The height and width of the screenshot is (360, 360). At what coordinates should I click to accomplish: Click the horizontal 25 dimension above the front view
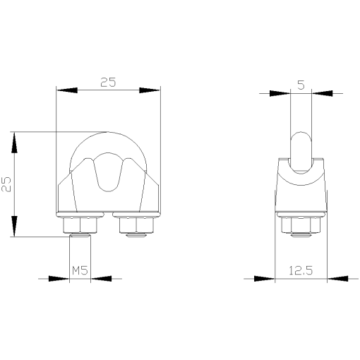pos(108,82)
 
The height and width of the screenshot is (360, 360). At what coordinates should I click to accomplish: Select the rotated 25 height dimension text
pos(6,184)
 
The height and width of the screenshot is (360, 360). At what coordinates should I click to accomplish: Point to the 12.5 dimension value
pos(301,270)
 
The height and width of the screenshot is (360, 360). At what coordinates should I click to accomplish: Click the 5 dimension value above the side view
pos(301,85)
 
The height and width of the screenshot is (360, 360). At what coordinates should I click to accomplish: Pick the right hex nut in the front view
pos(137,225)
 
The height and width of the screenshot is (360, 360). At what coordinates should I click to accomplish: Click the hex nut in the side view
pos(301,225)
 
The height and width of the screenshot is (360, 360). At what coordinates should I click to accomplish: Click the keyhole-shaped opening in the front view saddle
pos(108,173)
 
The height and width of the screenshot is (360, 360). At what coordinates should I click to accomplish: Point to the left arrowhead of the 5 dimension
pos(280,92)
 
